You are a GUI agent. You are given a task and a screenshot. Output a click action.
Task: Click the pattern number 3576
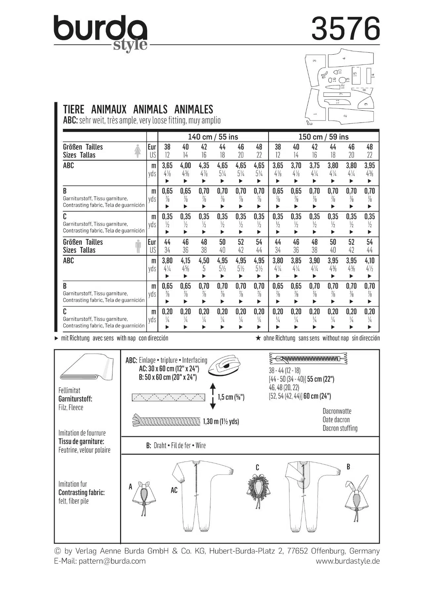coord(345,29)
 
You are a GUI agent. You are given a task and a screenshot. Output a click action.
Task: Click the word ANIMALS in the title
coord(150,109)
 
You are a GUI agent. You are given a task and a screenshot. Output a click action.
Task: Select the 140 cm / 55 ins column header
coord(213,137)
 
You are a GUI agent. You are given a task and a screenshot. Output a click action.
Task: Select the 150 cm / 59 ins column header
coord(323,137)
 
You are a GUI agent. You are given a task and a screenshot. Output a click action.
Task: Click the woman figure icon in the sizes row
coord(138,151)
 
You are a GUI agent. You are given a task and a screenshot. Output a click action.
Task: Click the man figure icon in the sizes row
coord(138,246)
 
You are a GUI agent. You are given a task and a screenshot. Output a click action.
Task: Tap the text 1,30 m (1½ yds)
coord(221,422)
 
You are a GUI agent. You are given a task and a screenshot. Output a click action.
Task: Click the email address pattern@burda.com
coord(112,561)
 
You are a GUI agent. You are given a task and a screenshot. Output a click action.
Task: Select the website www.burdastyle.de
coord(347,561)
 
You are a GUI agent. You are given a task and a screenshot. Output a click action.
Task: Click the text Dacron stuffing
coord(340,428)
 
